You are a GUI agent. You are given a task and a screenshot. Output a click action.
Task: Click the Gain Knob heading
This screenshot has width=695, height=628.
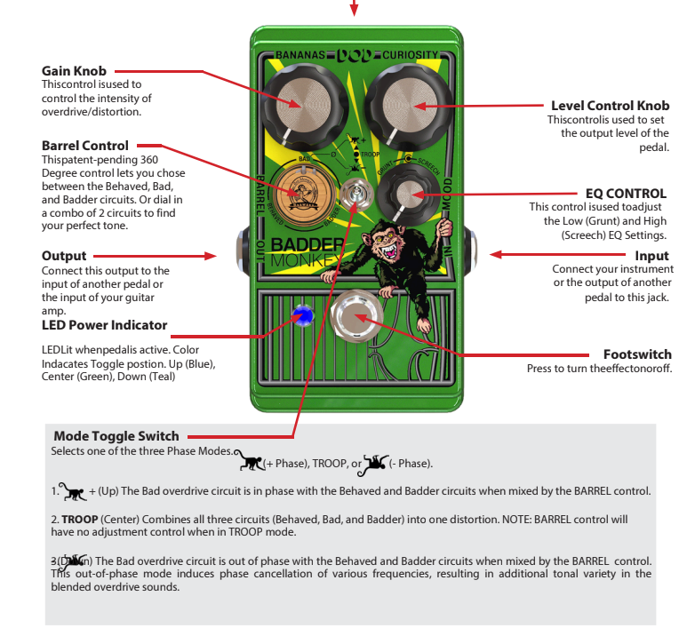click(74, 71)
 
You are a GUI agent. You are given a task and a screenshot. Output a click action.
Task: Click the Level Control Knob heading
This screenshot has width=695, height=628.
click(610, 105)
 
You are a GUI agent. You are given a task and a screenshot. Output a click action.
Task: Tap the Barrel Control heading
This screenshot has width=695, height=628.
click(85, 146)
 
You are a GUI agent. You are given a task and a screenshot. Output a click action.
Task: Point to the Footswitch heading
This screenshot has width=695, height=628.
click(637, 354)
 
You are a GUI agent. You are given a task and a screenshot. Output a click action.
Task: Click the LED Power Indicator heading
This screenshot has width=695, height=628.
click(104, 325)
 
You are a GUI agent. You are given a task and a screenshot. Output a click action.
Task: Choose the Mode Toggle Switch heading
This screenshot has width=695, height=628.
click(116, 436)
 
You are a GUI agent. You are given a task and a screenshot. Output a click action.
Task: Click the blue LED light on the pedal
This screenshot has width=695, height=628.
click(305, 314)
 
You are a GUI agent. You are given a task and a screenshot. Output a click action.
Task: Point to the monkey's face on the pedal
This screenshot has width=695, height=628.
click(388, 241)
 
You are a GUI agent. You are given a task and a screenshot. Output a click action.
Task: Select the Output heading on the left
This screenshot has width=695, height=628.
click(64, 256)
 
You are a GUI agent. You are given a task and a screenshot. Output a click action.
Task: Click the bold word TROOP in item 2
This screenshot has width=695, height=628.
click(79, 519)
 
